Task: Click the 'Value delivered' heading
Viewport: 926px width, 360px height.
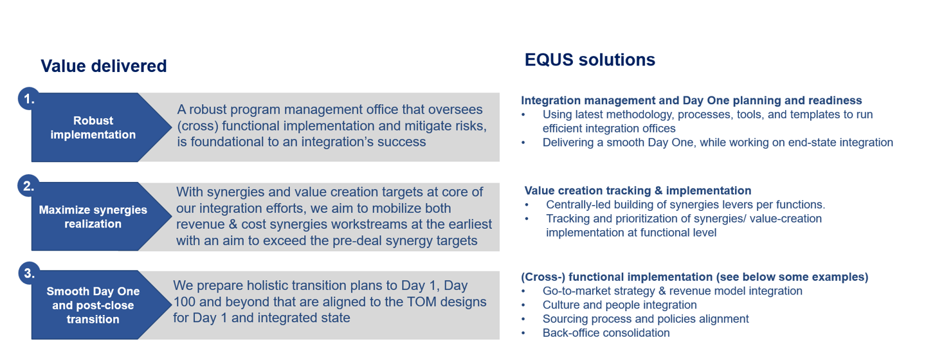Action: pos(104,66)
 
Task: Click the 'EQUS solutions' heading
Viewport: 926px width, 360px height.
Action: pos(590,60)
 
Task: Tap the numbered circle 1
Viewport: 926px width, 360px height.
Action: pos(28,99)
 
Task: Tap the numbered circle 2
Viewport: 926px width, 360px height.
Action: pos(28,186)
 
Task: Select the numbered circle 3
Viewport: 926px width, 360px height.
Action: pos(29,273)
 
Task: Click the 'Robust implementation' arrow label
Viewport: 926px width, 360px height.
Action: pos(93,128)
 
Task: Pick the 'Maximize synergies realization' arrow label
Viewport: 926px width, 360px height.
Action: pos(93,217)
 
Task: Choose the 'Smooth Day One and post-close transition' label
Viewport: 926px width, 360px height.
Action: pos(93,305)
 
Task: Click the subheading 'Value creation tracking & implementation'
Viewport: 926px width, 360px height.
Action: pos(638,190)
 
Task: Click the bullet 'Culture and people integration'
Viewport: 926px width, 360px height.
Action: pos(620,305)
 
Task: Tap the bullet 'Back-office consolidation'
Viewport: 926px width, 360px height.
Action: pos(606,333)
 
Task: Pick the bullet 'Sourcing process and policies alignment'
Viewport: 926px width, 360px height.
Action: pos(646,319)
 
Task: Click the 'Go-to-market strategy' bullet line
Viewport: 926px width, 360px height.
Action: pos(673,291)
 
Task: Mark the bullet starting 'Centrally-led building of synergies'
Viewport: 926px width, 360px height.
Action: pos(685,204)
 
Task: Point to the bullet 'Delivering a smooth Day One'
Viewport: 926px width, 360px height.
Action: pos(718,143)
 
